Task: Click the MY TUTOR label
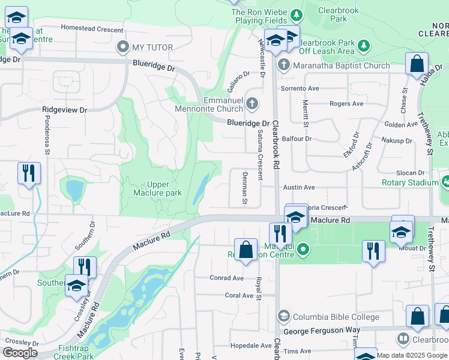[152, 47]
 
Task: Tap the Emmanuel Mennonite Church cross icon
[252, 104]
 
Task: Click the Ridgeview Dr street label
[65, 110]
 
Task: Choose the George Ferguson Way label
[321, 331]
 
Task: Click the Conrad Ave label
[226, 278]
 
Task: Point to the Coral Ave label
[239, 295]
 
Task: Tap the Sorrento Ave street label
[301, 88]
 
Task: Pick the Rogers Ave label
[346, 104]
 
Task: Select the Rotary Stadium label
[410, 182]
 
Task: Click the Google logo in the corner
[20, 353]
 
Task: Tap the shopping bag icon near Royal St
[246, 250]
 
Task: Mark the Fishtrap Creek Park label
[76, 352]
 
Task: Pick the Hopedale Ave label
[251, 346]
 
